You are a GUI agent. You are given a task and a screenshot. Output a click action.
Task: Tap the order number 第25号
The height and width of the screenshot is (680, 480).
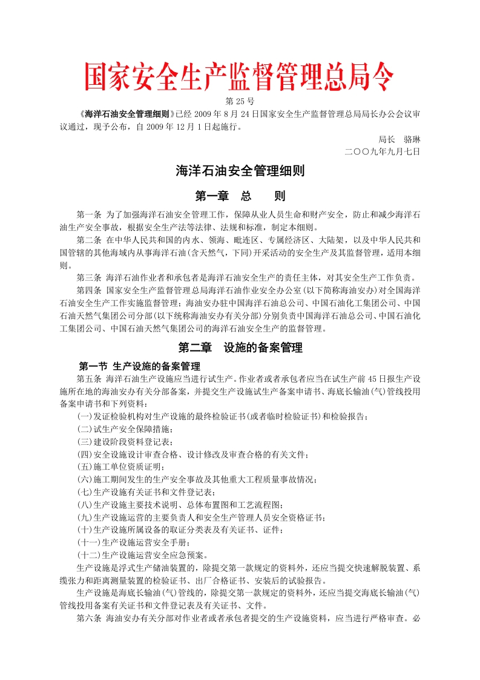240,101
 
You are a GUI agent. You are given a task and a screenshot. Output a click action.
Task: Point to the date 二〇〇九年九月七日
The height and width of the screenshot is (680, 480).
381,151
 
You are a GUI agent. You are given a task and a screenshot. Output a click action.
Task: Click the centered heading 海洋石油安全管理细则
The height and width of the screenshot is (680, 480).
240,172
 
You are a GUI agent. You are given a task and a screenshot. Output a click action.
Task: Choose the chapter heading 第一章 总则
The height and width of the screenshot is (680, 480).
240,196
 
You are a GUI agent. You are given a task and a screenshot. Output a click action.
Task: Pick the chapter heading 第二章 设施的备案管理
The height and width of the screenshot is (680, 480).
240,348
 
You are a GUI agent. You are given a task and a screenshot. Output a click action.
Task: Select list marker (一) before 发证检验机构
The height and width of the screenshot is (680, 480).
85,416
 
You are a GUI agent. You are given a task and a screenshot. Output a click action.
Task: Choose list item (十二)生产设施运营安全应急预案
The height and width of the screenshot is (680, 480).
142,555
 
